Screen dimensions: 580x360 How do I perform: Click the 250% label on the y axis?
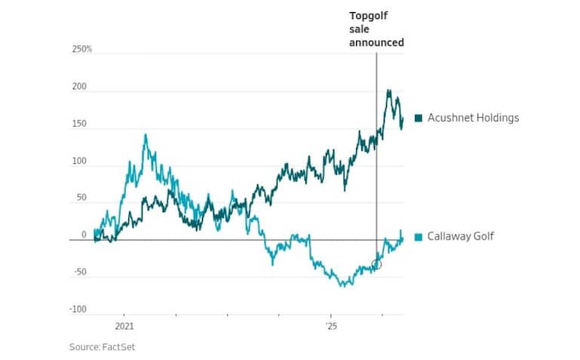[82, 49]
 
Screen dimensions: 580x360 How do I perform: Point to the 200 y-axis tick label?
[79, 87]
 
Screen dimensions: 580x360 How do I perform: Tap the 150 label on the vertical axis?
[79, 124]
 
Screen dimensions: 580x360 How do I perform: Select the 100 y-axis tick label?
[79, 162]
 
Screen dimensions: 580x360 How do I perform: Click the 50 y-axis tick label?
[81, 198]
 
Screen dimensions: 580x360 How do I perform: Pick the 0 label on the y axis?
[84, 235]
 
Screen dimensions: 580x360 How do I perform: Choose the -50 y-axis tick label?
[80, 272]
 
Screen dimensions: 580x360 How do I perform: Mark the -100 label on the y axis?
[78, 309]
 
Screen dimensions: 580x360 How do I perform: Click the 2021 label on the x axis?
[124, 326]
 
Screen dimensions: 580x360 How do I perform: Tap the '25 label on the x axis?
[331, 326]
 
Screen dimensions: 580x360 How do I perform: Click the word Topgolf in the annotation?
[368, 17]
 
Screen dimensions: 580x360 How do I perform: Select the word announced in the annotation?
[376, 42]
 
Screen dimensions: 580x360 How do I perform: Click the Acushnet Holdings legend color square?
[419, 118]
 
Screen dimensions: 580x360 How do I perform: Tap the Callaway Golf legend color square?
[419, 237]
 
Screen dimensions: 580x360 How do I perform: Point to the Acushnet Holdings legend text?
[474, 118]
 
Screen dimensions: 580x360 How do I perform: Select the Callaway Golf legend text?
[461, 236]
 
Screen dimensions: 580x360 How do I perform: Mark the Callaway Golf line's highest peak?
[146, 134]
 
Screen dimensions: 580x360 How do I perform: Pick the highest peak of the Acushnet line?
[388, 91]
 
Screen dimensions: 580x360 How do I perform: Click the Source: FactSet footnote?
[102, 347]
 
